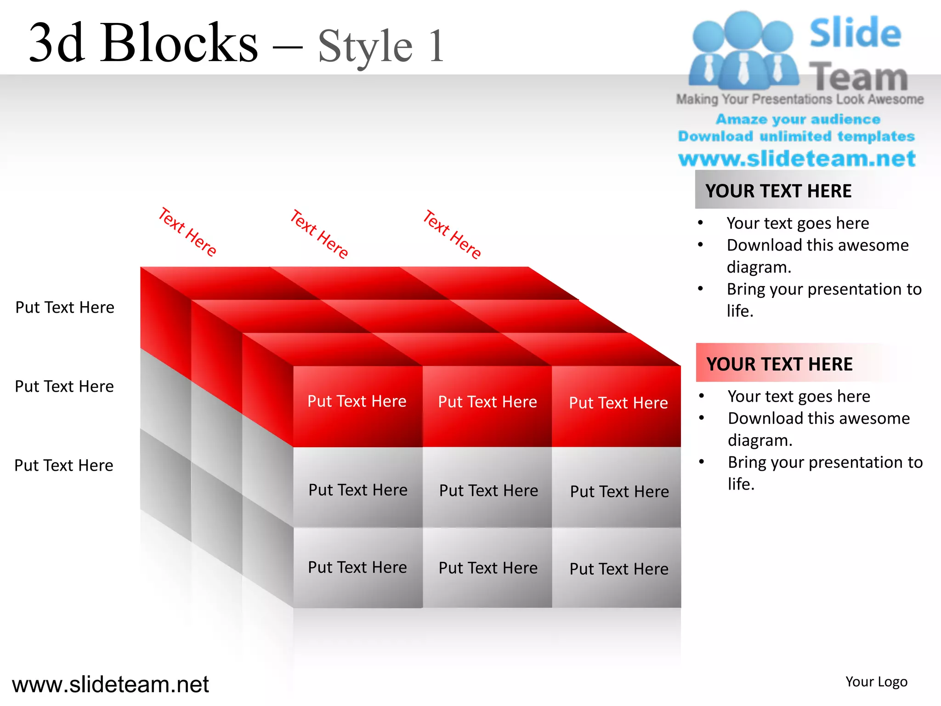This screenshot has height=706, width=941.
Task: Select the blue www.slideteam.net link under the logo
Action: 797,159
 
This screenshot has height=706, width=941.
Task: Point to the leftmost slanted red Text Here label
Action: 187,232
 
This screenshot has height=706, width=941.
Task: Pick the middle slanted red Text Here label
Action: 319,234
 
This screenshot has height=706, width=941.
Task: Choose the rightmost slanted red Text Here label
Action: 452,234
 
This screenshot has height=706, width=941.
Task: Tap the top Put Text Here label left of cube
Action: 65,307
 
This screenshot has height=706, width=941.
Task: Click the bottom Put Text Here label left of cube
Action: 64,465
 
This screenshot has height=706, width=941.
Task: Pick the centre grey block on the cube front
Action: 488,490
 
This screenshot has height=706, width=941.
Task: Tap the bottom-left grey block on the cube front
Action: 357,567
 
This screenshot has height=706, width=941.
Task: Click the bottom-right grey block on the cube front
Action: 618,569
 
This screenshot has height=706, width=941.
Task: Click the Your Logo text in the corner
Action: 876,682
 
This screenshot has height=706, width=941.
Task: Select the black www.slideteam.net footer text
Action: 110,684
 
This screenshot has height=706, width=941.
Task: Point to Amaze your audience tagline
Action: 798,120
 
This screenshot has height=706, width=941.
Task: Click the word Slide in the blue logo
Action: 855,33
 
